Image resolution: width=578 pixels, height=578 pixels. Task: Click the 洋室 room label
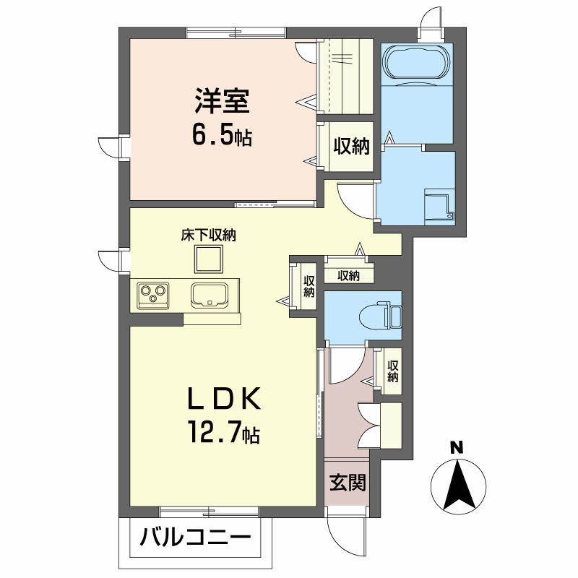(223, 100)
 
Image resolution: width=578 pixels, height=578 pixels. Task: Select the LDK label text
(225, 398)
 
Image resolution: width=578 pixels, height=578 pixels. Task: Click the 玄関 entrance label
(348, 483)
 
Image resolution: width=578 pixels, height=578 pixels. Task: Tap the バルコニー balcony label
(195, 537)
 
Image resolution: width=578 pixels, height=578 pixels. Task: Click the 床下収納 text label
(208, 236)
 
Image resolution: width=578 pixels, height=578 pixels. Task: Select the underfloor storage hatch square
(209, 259)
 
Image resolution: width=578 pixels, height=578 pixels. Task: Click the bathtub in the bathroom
(417, 62)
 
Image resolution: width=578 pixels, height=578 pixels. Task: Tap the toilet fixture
(380, 314)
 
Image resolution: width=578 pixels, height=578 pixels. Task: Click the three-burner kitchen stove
(153, 296)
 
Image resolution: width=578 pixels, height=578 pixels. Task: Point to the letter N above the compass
(457, 447)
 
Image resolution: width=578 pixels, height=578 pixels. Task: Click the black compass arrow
(458, 485)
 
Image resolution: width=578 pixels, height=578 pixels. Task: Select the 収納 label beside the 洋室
(351, 147)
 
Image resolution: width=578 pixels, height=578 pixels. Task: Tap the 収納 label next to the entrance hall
(392, 371)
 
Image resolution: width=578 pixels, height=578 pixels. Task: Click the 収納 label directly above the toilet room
(348, 276)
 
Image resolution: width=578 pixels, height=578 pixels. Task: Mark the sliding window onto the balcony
(210, 512)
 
